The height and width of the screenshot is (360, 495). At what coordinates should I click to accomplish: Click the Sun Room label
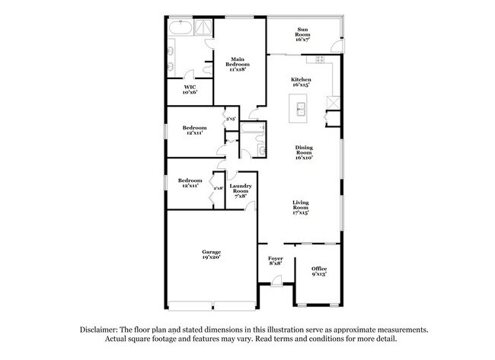[302, 33]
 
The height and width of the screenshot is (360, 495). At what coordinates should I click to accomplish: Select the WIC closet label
[190, 90]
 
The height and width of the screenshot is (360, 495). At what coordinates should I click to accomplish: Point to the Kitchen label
[301, 83]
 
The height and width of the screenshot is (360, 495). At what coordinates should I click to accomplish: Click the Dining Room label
[304, 152]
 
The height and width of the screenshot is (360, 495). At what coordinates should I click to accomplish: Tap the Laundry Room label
[241, 190]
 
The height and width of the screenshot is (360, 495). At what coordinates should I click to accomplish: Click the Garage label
[212, 254]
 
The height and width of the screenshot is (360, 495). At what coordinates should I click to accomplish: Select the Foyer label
[276, 261]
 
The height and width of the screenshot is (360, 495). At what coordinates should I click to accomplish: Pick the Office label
[319, 272]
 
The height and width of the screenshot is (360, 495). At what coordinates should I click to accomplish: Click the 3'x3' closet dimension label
[231, 119]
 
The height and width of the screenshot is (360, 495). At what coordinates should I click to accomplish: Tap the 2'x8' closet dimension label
[218, 188]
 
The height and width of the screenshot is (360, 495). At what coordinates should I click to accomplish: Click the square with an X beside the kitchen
[333, 101]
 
